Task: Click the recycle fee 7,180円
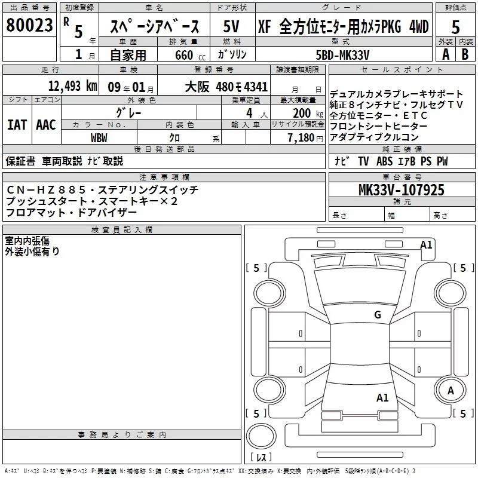[305, 137]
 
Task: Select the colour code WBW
[99, 137]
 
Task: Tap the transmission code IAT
[17, 124]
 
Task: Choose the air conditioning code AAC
[46, 124]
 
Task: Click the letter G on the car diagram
[377, 314]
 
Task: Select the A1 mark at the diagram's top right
[426, 244]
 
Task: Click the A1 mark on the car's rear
[382, 397]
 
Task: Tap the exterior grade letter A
[445, 54]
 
